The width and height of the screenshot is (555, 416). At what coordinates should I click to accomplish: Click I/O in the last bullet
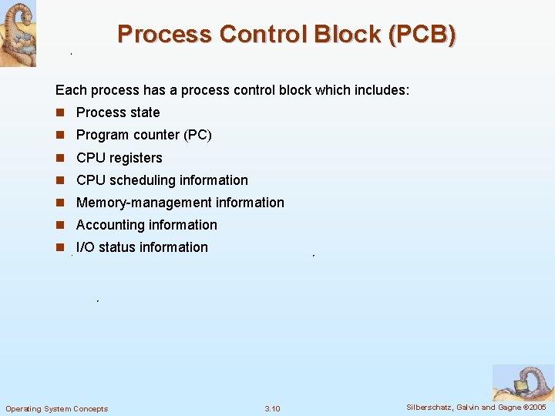86,247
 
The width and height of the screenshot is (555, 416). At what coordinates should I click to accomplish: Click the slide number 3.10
272,408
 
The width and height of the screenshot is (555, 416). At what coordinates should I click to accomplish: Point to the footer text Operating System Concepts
57,408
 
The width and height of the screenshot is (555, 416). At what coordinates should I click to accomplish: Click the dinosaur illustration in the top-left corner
18,33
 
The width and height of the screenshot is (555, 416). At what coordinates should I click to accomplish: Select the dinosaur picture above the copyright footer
523,382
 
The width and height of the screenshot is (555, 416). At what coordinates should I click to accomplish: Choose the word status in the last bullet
117,247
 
